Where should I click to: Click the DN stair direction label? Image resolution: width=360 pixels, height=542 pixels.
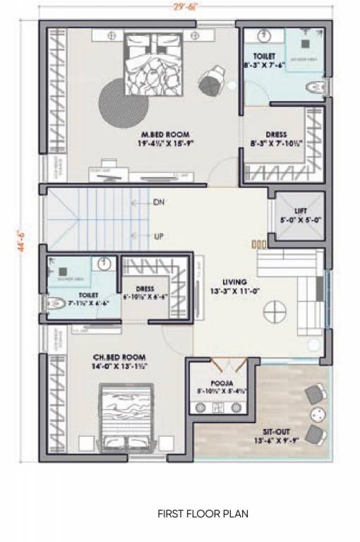click(x=160, y=202)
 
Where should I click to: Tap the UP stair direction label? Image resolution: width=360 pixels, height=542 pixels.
click(x=160, y=236)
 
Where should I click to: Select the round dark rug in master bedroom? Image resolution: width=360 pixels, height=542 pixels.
click(x=119, y=102)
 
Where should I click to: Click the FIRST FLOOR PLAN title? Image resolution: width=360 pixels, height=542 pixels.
click(x=203, y=514)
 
